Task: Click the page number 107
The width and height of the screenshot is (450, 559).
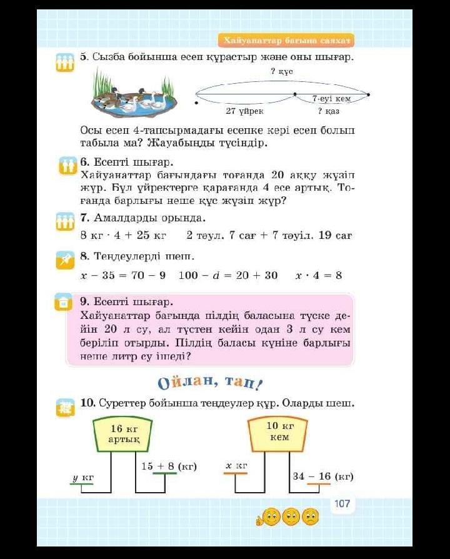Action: pyautogui.click(x=342, y=503)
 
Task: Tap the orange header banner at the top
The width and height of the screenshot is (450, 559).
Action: pyautogui.click(x=287, y=41)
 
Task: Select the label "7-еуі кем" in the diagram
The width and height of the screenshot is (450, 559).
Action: pyautogui.click(x=331, y=99)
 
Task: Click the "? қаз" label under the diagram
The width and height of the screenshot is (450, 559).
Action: pyautogui.click(x=329, y=111)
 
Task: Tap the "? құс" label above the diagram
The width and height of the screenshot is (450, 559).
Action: pyautogui.click(x=282, y=72)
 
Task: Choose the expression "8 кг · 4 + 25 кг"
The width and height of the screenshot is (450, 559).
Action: pyautogui.click(x=123, y=236)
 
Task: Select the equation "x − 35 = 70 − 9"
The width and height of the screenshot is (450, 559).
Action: pyautogui.click(x=123, y=275)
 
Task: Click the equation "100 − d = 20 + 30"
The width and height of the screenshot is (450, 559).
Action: pyautogui.click(x=227, y=275)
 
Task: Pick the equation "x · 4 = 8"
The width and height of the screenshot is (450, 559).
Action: pyautogui.click(x=318, y=275)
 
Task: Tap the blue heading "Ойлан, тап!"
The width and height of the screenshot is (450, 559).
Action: pyautogui.click(x=210, y=381)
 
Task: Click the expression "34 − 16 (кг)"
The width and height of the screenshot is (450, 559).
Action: pyautogui.click(x=323, y=476)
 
